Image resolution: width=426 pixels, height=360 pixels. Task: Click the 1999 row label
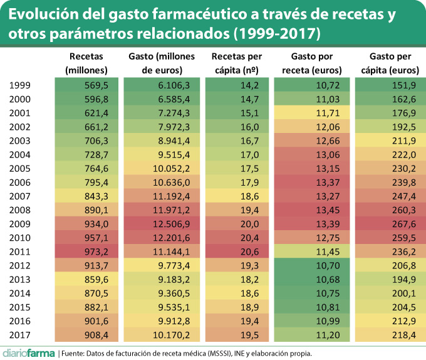21,86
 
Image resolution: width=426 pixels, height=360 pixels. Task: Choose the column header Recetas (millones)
86,63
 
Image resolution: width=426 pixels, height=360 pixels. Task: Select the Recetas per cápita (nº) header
236,63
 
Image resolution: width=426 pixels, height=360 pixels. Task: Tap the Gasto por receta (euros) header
311,63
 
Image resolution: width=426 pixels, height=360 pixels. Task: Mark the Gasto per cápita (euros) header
387,63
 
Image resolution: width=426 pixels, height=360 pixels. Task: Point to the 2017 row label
21,334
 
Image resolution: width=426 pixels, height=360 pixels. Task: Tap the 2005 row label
21,169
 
